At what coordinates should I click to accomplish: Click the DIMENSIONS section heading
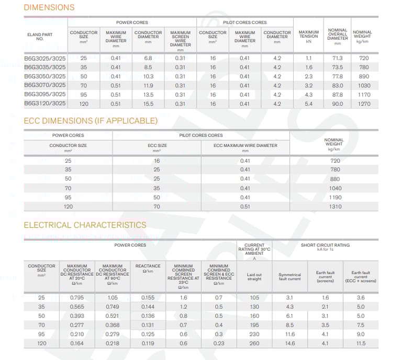click(49, 7)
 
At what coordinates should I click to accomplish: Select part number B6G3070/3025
click(45, 85)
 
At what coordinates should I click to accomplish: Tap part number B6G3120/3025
click(45, 104)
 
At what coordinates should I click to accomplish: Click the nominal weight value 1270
click(364, 104)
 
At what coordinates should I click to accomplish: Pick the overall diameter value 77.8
click(338, 76)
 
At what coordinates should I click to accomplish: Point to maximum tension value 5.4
click(308, 104)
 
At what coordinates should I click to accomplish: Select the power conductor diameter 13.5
click(148, 95)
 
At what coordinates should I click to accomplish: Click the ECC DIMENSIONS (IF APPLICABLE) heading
click(91, 121)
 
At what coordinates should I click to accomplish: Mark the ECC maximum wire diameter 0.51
click(245, 207)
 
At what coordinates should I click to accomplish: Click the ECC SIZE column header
click(157, 147)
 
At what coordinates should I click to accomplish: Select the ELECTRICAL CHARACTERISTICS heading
click(85, 225)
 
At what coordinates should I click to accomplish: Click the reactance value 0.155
click(148, 298)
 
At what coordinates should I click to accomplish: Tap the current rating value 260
click(254, 344)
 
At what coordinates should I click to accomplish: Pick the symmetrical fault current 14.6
click(289, 344)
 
